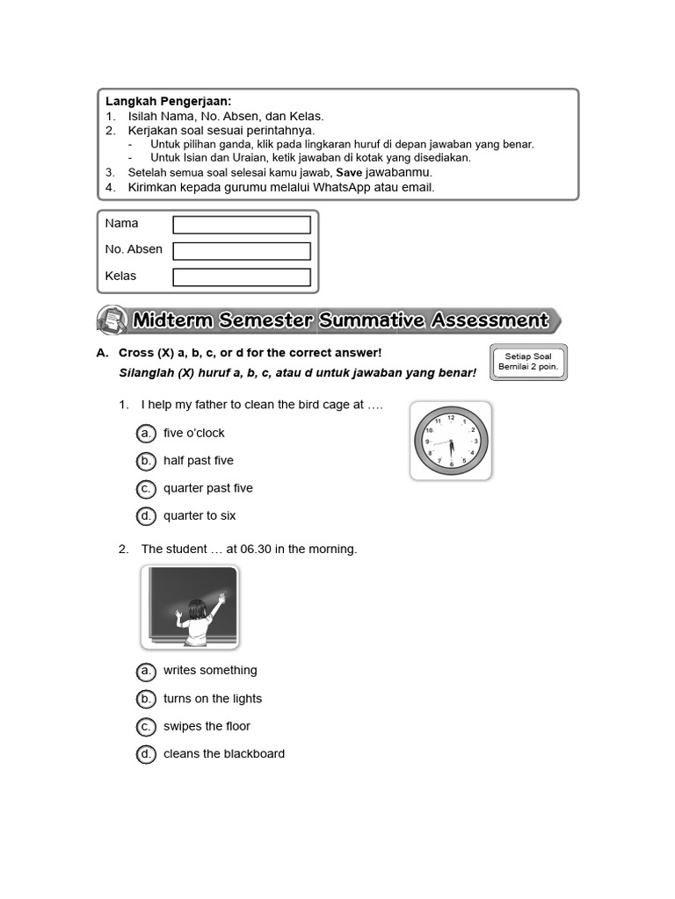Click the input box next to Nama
[x=242, y=225]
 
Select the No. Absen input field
[x=242, y=251]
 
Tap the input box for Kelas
[x=242, y=277]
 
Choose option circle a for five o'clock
[x=146, y=433]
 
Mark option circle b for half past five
[x=146, y=461]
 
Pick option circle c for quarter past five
[x=146, y=488]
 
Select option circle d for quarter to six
[x=146, y=515]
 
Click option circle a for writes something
[x=146, y=671]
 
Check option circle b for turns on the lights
[x=146, y=699]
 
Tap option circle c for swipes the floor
[x=146, y=726]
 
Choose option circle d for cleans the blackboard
[x=146, y=754]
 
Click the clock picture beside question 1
[x=451, y=441]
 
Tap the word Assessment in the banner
[x=490, y=320]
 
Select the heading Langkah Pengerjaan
[x=169, y=102]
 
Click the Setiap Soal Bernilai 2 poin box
[x=528, y=362]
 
